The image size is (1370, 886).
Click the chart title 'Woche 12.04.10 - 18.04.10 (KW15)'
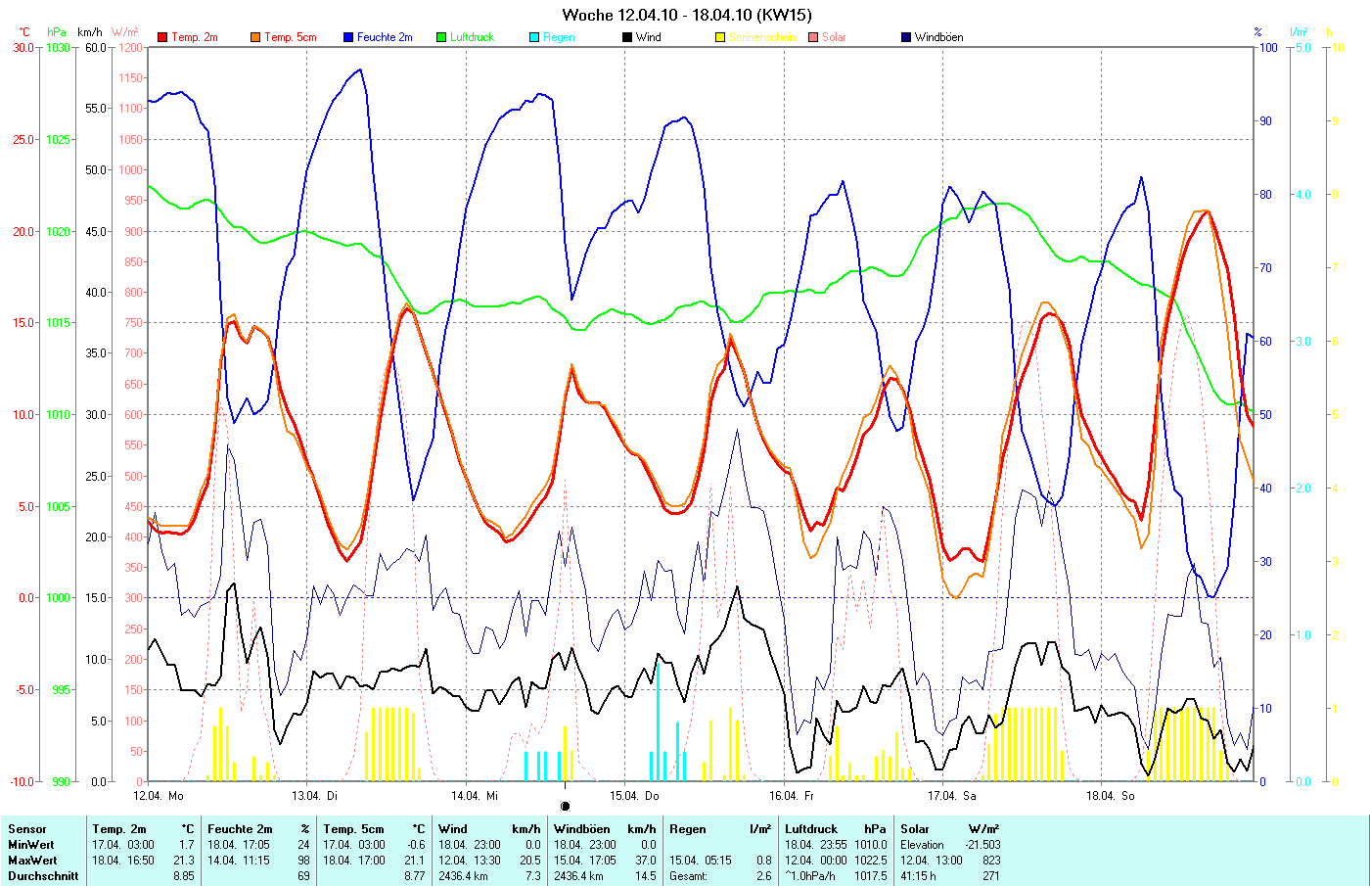tap(686, 15)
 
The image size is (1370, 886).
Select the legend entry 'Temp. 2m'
tap(194, 37)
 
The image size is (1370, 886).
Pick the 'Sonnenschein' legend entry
tap(762, 37)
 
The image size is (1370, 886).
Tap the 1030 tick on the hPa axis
tap(58, 47)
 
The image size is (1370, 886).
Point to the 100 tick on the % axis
tap(1267, 47)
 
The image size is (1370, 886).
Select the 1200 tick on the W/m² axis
tap(130, 47)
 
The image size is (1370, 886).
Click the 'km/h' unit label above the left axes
tap(90, 32)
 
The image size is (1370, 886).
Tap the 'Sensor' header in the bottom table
tap(27, 829)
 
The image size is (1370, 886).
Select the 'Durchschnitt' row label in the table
tap(43, 876)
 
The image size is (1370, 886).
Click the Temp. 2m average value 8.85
tap(183, 876)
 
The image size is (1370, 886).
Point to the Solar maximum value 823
tap(990, 861)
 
